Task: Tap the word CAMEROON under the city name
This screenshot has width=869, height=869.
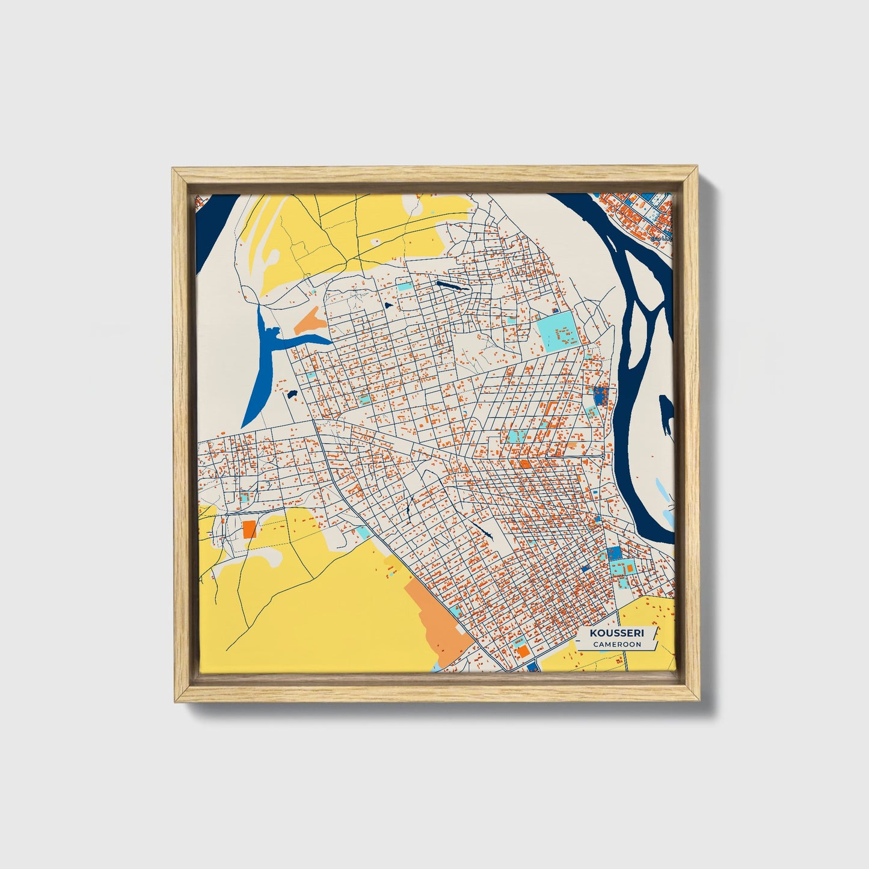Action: coord(616,644)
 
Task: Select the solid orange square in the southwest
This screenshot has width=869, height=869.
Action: coord(250,529)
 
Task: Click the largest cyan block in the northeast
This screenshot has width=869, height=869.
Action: coord(559,331)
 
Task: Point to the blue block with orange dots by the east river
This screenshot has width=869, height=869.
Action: coord(600,395)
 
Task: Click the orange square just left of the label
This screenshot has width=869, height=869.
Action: coord(523,651)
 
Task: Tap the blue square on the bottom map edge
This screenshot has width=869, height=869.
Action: coord(532,667)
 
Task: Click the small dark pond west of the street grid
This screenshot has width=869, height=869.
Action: coord(292,395)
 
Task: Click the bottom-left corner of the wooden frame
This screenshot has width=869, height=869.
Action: coord(173,701)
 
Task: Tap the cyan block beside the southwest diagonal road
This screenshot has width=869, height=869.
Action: coord(363,532)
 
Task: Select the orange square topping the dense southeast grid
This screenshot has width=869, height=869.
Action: coord(524,464)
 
